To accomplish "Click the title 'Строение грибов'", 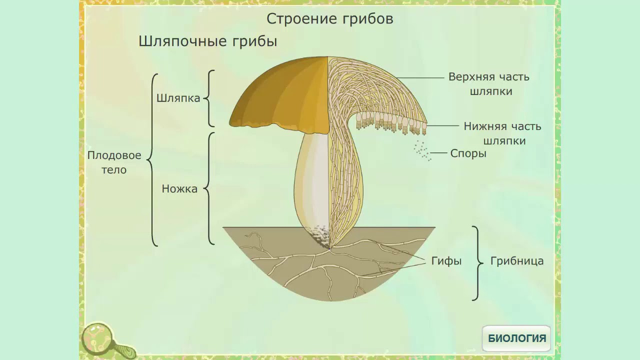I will tap(330, 19).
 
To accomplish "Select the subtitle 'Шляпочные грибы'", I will tap(207, 42).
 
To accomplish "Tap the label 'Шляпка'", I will tap(178, 98).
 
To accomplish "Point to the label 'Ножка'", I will tap(179, 188).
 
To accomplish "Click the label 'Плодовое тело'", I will tap(114, 163).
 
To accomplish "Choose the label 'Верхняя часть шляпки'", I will tap(489, 84).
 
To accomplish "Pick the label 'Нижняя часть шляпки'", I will tap(502, 133).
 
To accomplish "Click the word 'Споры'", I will tap(468, 154).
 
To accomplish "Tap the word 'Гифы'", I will tap(446, 261).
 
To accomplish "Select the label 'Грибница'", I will tap(517, 261).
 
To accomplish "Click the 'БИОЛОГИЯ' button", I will tap(517, 338).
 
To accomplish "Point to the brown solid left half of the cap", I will tap(283, 96).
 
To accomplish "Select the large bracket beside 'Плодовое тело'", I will tap(153, 159).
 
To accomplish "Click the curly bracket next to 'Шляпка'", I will tap(210, 98).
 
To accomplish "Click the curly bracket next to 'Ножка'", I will tap(210, 188).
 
